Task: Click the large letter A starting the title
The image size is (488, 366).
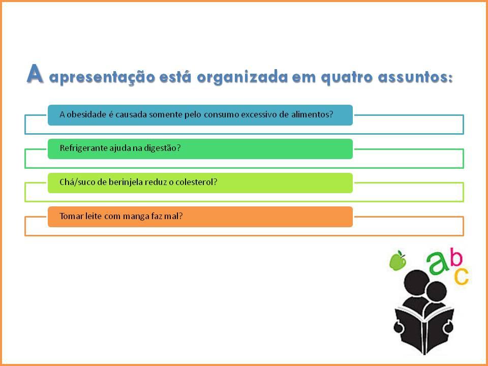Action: pyautogui.click(x=35, y=74)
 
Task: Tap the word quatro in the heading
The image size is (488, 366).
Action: pyautogui.click(x=346, y=77)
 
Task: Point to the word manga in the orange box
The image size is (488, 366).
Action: pyautogui.click(x=136, y=217)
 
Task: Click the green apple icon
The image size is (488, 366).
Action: pyautogui.click(x=398, y=260)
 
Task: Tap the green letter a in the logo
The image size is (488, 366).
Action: pyautogui.click(x=438, y=263)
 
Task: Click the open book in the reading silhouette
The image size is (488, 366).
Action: pyautogui.click(x=424, y=329)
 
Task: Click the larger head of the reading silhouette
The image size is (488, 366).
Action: pyautogui.click(x=416, y=282)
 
